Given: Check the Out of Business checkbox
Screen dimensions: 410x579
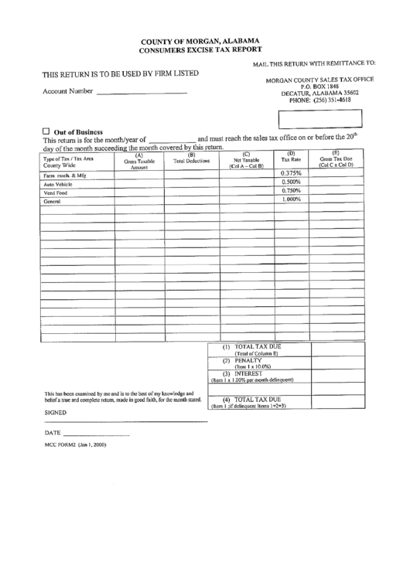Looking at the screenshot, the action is (x=46, y=131).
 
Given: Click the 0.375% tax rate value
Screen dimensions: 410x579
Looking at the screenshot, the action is (x=291, y=173).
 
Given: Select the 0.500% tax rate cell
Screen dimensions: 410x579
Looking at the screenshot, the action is (x=291, y=182).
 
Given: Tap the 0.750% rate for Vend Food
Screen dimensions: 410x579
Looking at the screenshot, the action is (x=291, y=191).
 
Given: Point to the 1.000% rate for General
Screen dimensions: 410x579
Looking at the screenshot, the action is (x=291, y=199).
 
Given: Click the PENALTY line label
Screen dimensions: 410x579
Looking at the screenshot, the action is (x=250, y=361).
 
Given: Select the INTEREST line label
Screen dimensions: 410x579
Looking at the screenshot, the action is (x=250, y=375).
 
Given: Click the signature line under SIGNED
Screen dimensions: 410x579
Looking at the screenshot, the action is (x=125, y=422).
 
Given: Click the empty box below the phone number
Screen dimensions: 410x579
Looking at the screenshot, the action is (x=320, y=119).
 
